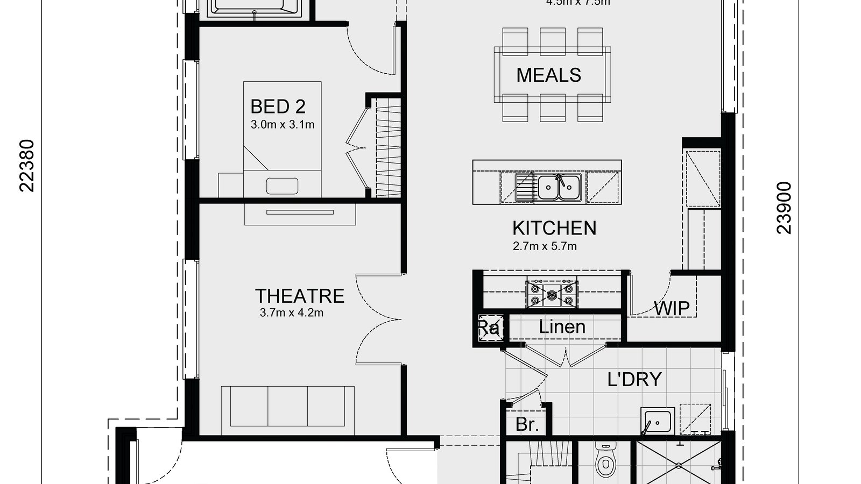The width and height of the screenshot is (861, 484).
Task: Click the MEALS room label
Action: pyautogui.click(x=548, y=75)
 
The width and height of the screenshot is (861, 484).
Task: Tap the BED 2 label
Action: pyautogui.click(x=278, y=106)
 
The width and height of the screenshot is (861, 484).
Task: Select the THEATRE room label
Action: pyautogui.click(x=299, y=296)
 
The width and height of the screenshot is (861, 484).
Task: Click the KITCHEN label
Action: pyautogui.click(x=554, y=229)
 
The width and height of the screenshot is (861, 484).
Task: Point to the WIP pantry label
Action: pyautogui.click(x=672, y=309)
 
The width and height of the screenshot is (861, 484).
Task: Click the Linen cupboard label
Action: pyautogui.click(x=562, y=327)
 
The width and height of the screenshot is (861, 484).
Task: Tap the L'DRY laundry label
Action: pyautogui.click(x=634, y=380)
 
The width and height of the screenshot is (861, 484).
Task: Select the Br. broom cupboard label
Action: pyautogui.click(x=527, y=425)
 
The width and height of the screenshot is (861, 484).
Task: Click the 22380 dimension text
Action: pyautogui.click(x=27, y=166)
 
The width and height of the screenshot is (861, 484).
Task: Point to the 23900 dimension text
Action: pyautogui.click(x=785, y=208)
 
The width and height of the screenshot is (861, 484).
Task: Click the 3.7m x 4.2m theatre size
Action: pyautogui.click(x=292, y=313)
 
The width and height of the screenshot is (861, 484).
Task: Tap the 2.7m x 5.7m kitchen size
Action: pyautogui.click(x=545, y=247)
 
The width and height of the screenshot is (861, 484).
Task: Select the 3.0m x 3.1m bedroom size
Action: pyautogui.click(x=283, y=125)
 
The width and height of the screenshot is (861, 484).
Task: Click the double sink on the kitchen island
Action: pyautogui.click(x=559, y=187)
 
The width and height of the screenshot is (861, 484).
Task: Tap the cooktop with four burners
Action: pyautogui.click(x=552, y=294)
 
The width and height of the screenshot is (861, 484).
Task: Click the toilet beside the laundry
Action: pyautogui.click(x=606, y=464)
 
